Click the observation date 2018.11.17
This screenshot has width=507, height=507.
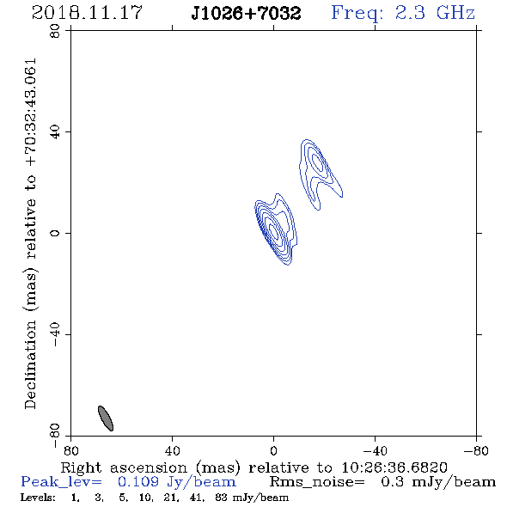click(87, 13)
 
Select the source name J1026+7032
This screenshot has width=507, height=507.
click(246, 13)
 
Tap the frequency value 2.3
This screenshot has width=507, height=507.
click(410, 13)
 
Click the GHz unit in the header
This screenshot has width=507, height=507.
click(455, 13)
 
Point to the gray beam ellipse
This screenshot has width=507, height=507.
click(106, 418)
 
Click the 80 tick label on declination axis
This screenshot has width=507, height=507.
click(55, 31)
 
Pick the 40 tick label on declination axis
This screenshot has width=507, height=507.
click(55, 132)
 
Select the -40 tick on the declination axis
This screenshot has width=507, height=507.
click(55, 334)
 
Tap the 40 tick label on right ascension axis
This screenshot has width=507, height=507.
click(172, 450)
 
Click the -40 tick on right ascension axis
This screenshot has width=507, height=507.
click(375, 450)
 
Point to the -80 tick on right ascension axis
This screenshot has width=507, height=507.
click(476, 450)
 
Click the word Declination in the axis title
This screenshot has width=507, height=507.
click(30, 364)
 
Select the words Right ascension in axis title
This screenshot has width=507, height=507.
click(124, 467)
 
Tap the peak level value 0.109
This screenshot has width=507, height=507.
click(138, 482)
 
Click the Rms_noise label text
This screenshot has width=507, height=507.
click(317, 482)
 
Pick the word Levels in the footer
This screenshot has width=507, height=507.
click(38, 498)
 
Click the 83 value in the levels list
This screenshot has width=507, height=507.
click(221, 498)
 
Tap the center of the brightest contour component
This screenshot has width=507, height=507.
click(274, 231)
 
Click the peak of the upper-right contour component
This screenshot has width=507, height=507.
click(318, 162)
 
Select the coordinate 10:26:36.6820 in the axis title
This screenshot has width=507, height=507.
click(394, 467)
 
